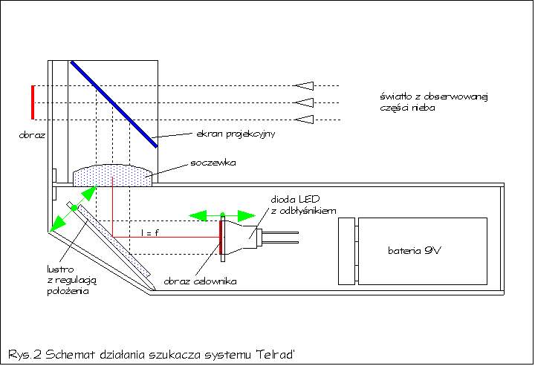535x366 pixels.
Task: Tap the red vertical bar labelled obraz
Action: (x=33, y=102)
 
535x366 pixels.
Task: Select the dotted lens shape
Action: (x=113, y=176)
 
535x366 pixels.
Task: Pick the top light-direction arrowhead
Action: (x=304, y=85)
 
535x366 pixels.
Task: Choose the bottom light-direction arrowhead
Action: (x=304, y=120)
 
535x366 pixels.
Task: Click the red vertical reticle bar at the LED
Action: (x=222, y=237)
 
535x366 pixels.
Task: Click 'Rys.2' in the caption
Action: (x=23, y=352)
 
